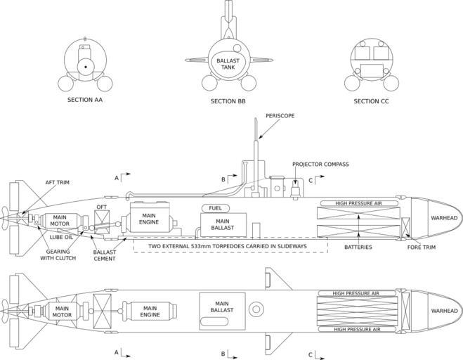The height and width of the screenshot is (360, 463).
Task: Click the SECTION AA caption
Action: point(85,101)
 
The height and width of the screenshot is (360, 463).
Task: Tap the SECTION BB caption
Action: point(228,101)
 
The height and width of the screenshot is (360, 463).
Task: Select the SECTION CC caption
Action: point(371,101)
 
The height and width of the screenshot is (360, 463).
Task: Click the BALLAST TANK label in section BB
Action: point(228,63)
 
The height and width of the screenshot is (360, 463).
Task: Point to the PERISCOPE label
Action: point(280,115)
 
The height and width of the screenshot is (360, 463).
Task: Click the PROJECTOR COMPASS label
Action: point(320,165)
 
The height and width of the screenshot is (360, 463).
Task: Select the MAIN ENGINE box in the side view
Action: point(149,218)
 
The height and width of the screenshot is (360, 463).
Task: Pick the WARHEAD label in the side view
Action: point(443,218)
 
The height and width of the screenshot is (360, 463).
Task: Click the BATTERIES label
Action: point(358,247)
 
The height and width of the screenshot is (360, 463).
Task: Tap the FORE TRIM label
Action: point(424,247)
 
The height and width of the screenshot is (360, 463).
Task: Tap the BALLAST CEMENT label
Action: point(105,255)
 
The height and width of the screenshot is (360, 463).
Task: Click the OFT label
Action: point(101,207)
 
